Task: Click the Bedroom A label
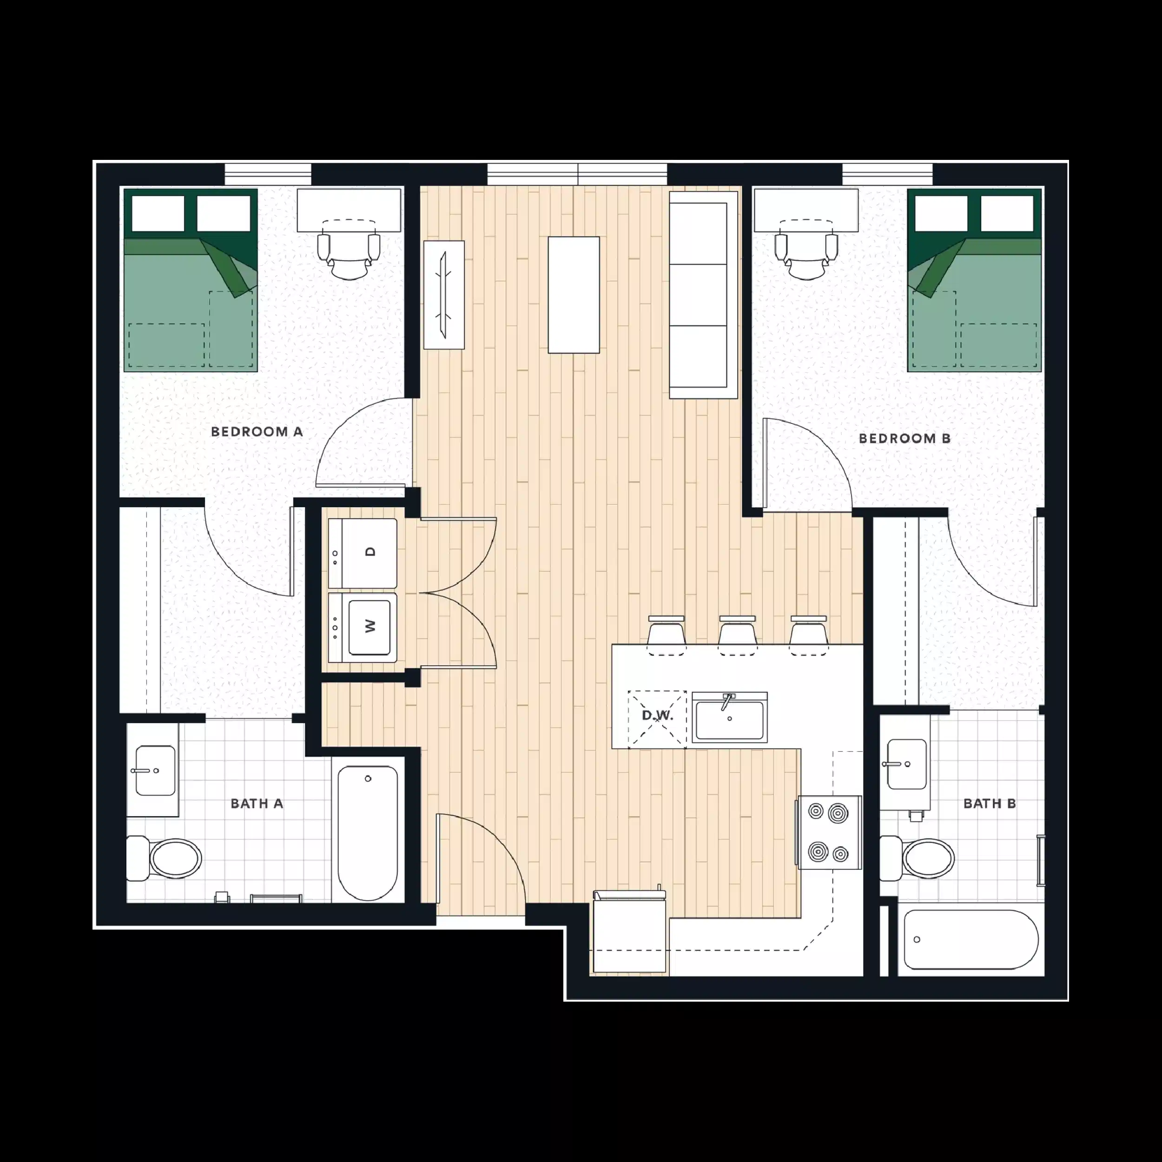257,432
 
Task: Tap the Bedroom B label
905,438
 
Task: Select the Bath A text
257,804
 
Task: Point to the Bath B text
990,804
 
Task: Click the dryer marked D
363,553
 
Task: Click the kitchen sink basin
730,718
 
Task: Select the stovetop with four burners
829,832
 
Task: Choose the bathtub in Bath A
368,832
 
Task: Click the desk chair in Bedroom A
350,256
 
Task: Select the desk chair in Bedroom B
807,256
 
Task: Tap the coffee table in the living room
573,295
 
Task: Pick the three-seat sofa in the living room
702,295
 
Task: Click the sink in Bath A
155,771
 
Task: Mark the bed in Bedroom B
974,280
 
